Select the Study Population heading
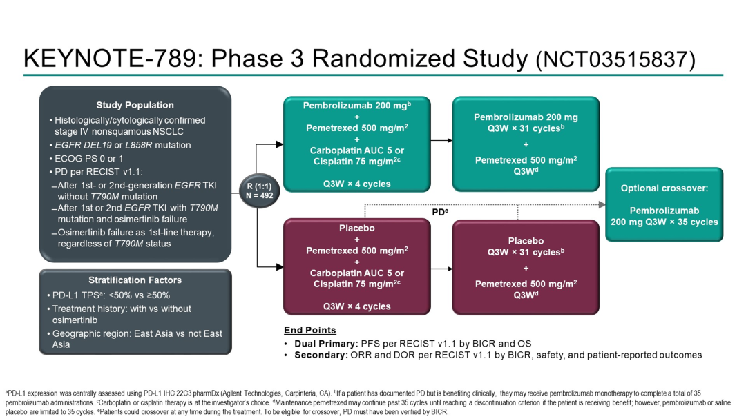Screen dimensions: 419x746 [x=135, y=105]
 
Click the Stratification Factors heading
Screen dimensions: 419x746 [x=135, y=280]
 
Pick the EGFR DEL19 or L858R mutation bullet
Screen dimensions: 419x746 [x=123, y=145]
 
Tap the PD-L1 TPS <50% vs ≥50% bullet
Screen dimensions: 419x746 [x=111, y=295]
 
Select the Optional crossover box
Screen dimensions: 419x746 [x=664, y=205]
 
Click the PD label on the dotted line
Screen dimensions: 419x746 [x=439, y=213]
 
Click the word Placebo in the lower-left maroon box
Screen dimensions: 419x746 [x=357, y=228]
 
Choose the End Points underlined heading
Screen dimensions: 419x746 [x=310, y=330]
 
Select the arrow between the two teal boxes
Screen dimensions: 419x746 [x=441, y=140]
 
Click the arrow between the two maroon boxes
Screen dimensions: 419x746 [x=441, y=269]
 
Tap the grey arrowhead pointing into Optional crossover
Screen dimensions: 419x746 [x=602, y=204]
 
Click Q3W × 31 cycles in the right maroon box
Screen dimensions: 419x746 [x=526, y=252]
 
